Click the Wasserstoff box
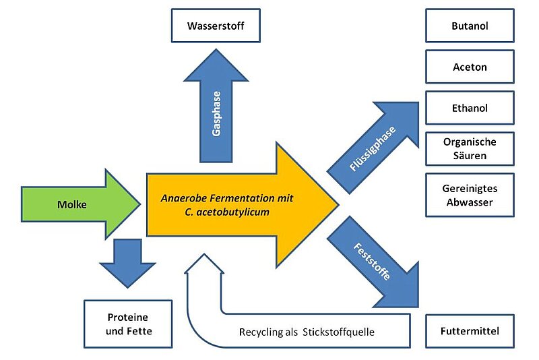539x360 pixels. point(216,26)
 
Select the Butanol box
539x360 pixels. point(470,26)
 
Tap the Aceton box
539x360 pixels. point(470,67)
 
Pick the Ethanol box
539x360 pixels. point(470,108)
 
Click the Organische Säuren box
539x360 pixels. point(470,148)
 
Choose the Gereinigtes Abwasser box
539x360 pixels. point(470,195)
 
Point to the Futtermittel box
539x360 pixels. point(470,331)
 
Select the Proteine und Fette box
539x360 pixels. point(128,324)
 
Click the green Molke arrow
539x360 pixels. point(81,204)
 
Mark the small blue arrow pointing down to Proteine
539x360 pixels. point(127,263)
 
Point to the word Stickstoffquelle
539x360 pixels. point(338,332)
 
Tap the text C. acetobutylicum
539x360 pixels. point(227,212)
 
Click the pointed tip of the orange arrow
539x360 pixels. point(339,204)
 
